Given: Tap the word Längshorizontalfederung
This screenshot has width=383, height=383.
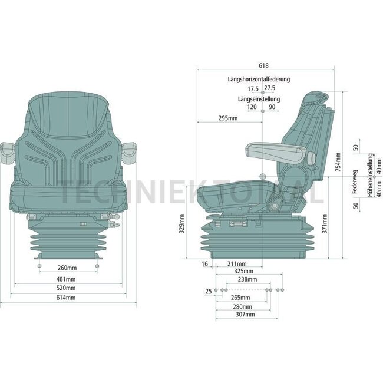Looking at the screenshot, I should click(259, 79).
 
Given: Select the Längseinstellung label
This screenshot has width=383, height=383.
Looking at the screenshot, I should click(259, 99).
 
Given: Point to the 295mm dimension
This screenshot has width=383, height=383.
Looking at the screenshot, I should click(227, 118).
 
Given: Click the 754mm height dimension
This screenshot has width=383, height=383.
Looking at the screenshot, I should click(338, 162).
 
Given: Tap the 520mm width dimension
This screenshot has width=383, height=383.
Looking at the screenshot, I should click(66, 289).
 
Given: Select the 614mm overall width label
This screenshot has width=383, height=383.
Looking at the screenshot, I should click(66, 298).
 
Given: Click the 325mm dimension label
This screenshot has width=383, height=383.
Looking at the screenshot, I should click(243, 272).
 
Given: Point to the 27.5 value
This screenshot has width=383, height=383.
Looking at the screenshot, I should click(270, 88).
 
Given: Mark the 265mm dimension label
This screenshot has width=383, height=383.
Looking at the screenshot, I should click(242, 298).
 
